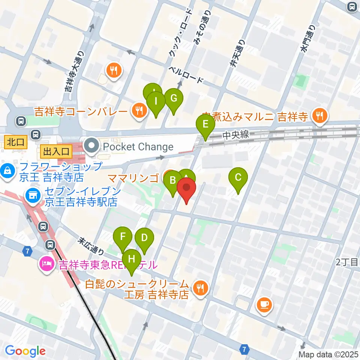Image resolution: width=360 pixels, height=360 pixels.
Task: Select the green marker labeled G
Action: pos(173,99)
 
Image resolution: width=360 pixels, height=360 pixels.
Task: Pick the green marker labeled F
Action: pos(123,238)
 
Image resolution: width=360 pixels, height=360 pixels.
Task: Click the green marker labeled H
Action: pos(131,259)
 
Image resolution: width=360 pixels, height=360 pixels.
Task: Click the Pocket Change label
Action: pos(139,147)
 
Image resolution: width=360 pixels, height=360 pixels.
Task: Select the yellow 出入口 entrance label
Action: pos(56,151)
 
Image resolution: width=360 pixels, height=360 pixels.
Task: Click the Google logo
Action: pos(25,351)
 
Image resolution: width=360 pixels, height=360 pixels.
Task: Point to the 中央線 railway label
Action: pos(235,134)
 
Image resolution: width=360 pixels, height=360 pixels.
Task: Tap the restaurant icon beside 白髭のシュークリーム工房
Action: pos(200,288)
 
